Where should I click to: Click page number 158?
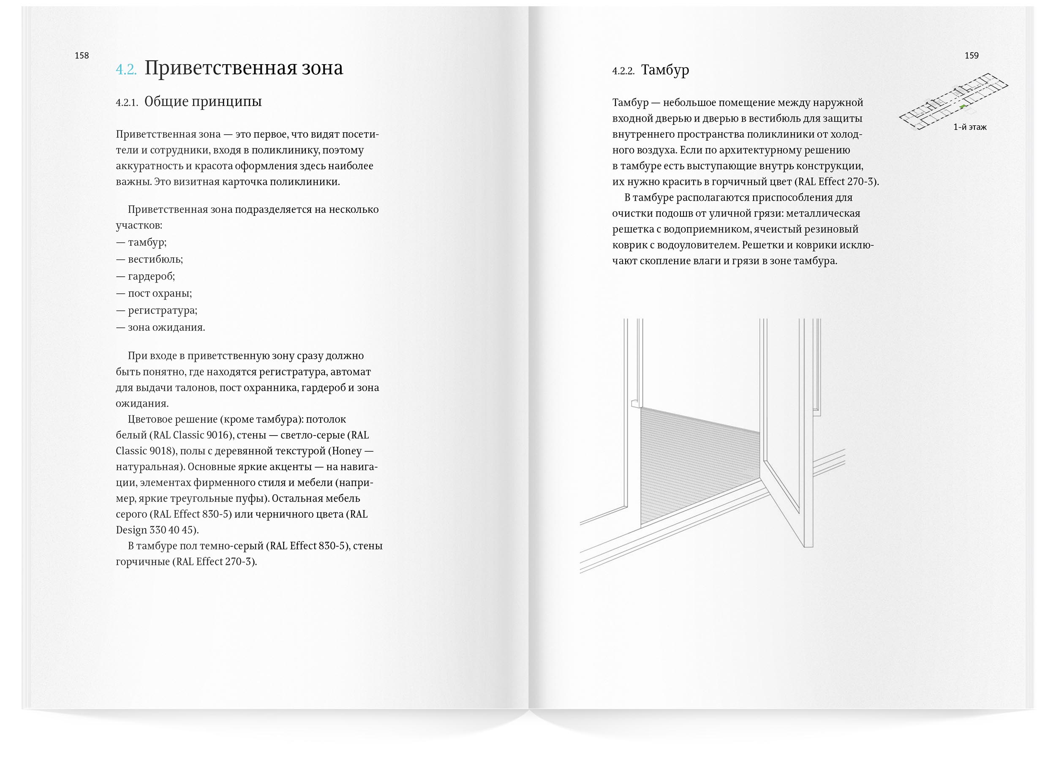point(82,55)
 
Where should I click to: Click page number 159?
point(971,55)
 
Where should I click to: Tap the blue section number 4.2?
point(126,69)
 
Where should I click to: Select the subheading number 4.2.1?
point(127,103)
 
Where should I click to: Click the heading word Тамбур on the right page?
point(665,70)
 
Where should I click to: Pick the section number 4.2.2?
point(623,71)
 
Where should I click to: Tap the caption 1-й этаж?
point(969,127)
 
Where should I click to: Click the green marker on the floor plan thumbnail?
point(963,106)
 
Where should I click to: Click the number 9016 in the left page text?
point(218,435)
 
